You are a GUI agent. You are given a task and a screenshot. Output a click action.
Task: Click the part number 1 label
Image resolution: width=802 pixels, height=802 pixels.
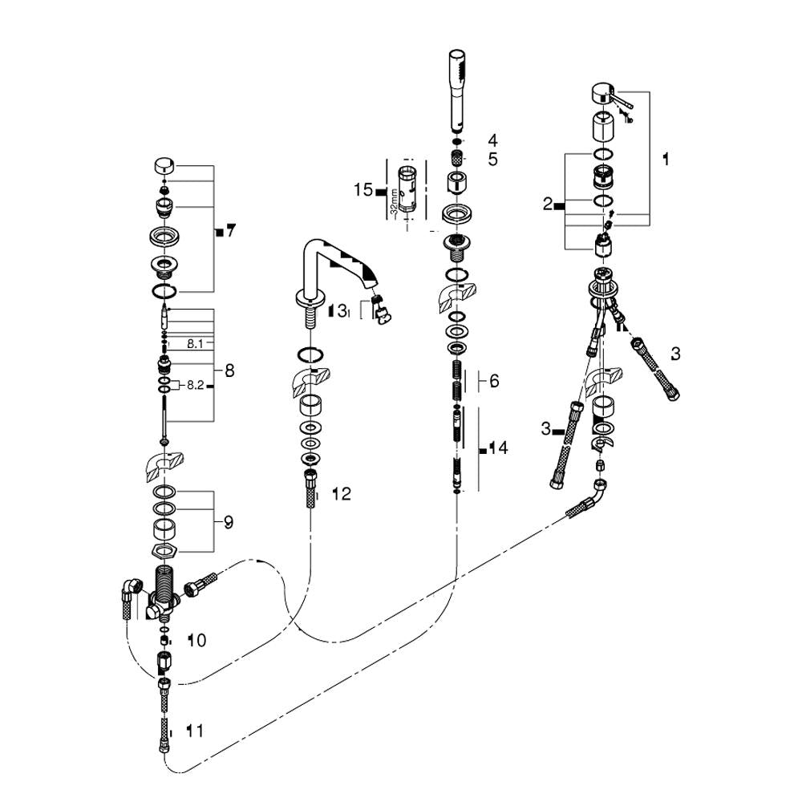point(665,159)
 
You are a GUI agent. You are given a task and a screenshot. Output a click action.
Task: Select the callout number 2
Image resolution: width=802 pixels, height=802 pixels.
point(548,205)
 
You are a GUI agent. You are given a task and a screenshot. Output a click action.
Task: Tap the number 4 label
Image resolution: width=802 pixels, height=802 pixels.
point(492,140)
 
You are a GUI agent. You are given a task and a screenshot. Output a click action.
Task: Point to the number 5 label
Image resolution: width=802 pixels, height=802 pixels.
point(492,159)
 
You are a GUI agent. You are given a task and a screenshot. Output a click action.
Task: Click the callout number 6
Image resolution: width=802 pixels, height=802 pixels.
point(494,381)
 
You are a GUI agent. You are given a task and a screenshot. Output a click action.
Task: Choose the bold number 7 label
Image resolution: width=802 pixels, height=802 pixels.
point(230,232)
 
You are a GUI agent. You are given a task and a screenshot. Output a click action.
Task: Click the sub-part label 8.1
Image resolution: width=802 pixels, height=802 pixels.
point(196,343)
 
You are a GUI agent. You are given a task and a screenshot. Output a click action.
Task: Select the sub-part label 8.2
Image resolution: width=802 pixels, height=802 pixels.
point(195,385)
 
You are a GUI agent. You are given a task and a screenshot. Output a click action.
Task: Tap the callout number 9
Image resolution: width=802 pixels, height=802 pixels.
point(229,522)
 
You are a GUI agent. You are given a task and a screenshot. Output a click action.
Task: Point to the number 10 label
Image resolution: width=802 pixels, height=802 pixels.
point(196,640)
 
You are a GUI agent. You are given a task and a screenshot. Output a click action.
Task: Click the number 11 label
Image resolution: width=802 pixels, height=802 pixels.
point(194,731)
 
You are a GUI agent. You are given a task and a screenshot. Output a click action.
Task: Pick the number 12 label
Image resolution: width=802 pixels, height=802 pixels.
point(341,494)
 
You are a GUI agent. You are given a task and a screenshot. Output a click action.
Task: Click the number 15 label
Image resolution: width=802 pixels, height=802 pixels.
point(363,190)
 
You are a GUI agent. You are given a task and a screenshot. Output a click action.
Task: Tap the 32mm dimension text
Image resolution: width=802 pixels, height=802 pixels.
point(394,197)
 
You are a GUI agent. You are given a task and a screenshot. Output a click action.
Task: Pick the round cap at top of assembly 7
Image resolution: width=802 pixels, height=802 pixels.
point(164,166)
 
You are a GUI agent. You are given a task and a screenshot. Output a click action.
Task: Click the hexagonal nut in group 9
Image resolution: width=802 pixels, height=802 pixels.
point(164,550)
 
